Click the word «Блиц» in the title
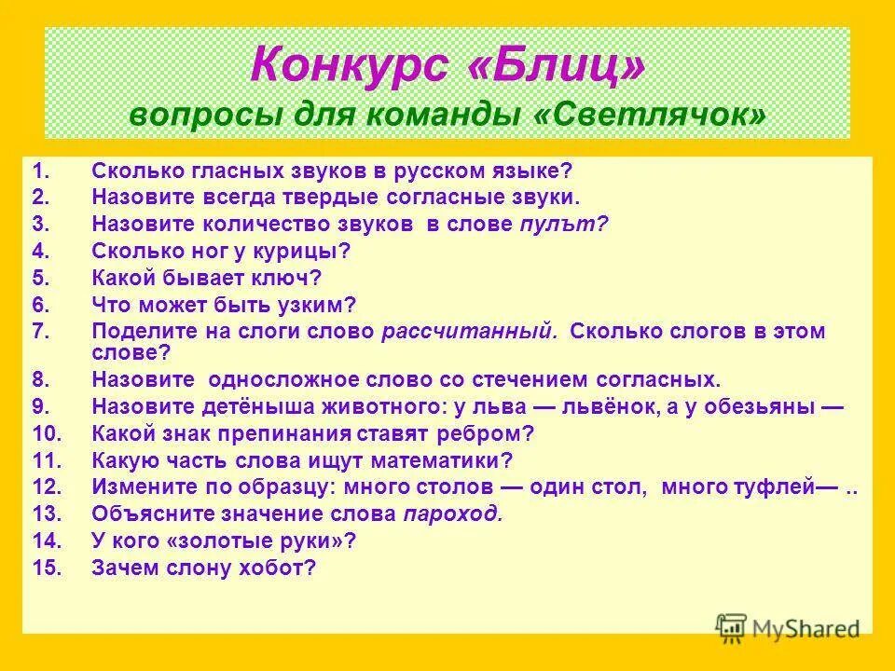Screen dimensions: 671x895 point(553,69)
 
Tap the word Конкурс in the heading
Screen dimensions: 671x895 point(342,69)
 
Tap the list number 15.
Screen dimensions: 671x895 point(47,568)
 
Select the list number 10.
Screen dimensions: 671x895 point(47,433)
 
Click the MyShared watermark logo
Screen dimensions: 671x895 point(788,627)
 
